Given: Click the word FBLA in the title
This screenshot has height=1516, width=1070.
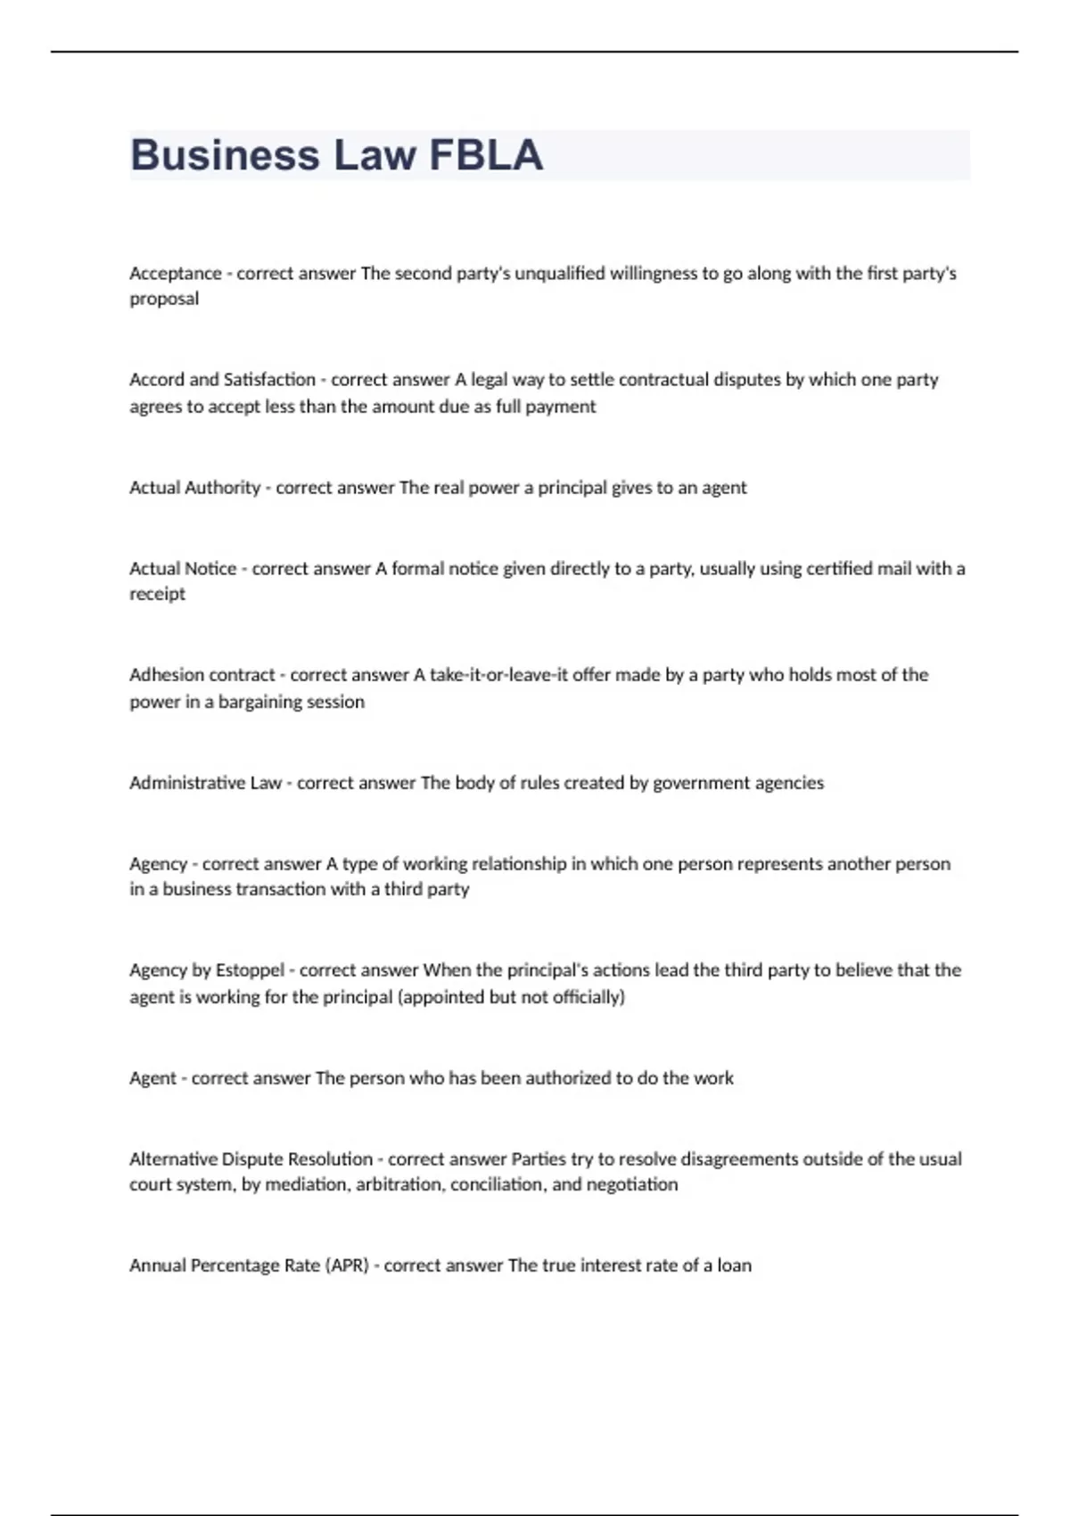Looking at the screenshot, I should point(486,155).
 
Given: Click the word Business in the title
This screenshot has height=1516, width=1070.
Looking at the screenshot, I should point(225,155).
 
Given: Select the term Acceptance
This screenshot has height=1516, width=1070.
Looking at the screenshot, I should point(176,274).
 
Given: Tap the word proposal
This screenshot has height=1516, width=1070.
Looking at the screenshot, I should point(164,299).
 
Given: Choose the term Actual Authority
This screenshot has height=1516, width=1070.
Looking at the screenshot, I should point(194,488).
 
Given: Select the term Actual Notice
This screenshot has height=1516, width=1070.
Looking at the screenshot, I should point(183,569).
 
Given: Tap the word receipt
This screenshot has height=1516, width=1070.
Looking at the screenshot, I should point(157,594).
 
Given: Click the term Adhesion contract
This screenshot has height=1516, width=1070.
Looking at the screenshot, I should point(202,675).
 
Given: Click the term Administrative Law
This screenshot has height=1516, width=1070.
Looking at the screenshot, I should point(205,783).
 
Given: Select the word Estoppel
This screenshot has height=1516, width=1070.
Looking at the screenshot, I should point(250,970).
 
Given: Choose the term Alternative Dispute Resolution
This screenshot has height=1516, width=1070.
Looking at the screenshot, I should point(251,1159).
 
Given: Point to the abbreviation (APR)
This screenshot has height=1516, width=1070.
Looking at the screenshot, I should point(347,1265).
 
